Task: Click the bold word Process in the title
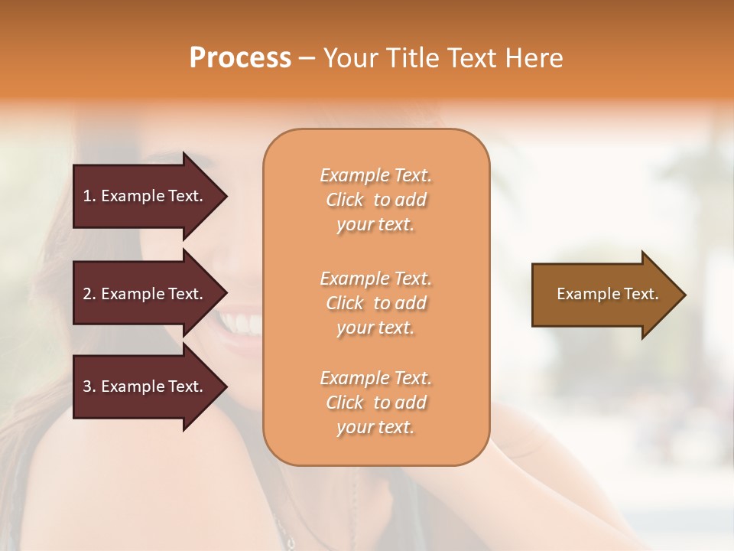240,58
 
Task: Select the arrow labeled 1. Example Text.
145,196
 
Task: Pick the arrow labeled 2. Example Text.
145,294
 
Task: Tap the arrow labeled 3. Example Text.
145,386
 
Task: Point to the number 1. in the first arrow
89,196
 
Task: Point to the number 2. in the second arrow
89,294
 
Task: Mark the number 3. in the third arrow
89,386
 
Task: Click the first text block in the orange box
375,200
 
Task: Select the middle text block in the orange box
375,303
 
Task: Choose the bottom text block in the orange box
375,403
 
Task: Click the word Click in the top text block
345,200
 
